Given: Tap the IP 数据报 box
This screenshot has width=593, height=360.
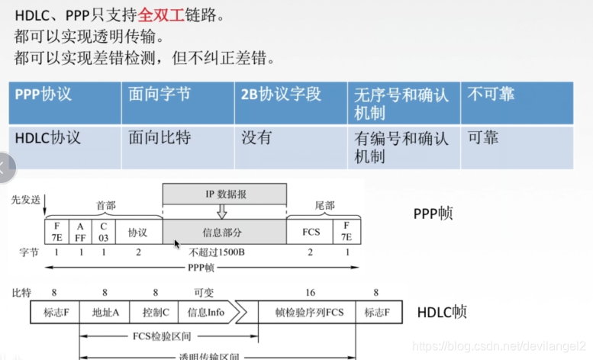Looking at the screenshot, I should point(224,194).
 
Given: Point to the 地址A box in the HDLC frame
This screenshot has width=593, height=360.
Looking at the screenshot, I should point(105,313).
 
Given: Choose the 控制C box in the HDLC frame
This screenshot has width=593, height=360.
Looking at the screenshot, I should point(155,313).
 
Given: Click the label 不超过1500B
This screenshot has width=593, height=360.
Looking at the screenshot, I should point(224,252).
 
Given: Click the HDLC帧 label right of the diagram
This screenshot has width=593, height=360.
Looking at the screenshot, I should point(442,312).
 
